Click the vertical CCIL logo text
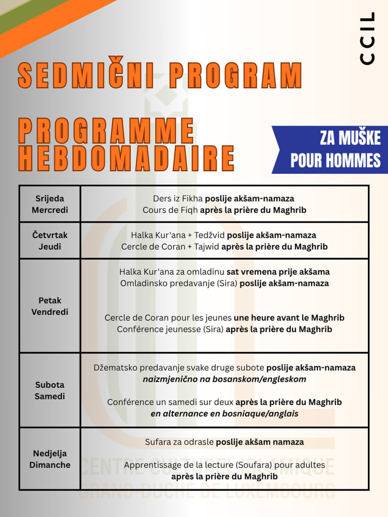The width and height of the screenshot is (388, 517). tap(368, 38)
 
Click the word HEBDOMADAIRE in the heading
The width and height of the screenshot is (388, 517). tap(126, 158)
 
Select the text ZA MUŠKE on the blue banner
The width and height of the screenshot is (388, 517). tap(350, 137)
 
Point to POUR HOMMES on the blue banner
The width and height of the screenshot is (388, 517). tap(335, 160)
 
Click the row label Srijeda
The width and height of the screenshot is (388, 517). tap(50, 198)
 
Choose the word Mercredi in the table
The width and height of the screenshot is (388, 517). tap(50, 210)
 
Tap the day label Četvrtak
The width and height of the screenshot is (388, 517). tap(50, 235)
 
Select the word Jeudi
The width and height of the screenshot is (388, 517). tap(50, 246)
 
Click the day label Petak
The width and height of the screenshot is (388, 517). tap(50, 300)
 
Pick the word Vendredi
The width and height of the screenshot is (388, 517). tap(50, 312)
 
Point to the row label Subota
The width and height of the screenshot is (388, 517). tap(50, 385)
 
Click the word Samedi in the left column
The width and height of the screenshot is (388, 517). tap(50, 396)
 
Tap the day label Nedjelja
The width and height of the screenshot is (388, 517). tap(50, 453)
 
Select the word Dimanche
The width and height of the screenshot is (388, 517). tap(50, 465)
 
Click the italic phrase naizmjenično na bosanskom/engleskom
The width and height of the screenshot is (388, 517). tap(224, 379)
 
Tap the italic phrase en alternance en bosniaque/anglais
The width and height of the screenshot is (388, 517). tap(224, 413)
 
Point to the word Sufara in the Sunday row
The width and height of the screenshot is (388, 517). tap(158, 442)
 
